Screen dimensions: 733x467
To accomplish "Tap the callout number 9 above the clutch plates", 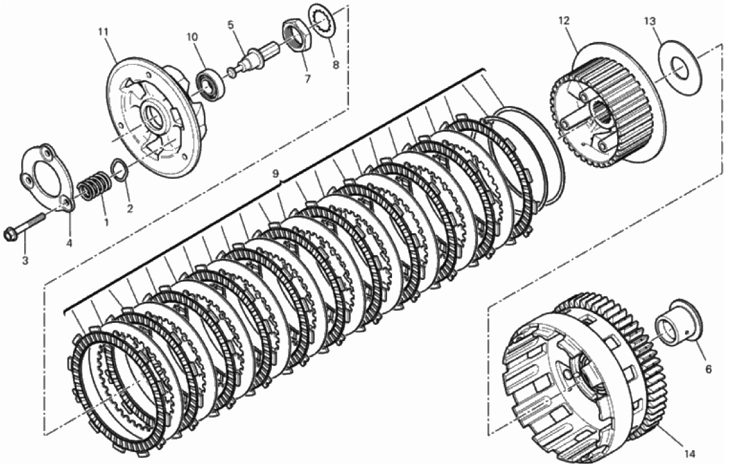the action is pyautogui.click(x=275, y=174).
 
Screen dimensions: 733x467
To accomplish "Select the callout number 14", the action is pyautogui.click(x=690, y=453).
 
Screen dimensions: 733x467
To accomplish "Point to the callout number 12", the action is pyautogui.click(x=563, y=21).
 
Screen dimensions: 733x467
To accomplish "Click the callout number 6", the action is pyautogui.click(x=708, y=369).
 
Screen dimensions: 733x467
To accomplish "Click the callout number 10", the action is pyautogui.click(x=192, y=36).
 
